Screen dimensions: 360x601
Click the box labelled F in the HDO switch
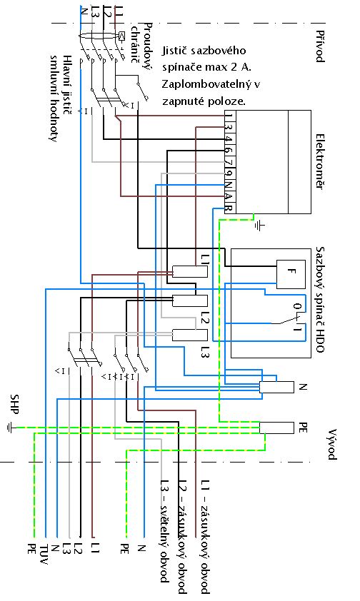291,274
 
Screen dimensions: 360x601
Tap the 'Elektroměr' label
320,161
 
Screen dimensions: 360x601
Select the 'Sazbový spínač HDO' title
320,299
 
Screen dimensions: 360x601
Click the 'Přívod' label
320,46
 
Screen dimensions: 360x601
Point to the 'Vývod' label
331,444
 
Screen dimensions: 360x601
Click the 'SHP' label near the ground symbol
14,404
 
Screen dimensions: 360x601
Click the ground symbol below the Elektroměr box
259,226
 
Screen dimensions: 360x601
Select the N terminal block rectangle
276,387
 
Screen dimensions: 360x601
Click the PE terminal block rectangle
276,428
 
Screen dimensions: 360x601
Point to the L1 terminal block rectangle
190,271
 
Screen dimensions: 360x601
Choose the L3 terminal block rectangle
190,335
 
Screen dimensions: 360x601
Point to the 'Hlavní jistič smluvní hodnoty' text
61,98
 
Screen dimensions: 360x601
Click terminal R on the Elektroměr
229,208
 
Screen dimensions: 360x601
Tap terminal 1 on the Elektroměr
229,116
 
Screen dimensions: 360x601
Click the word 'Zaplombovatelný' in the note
211,84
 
